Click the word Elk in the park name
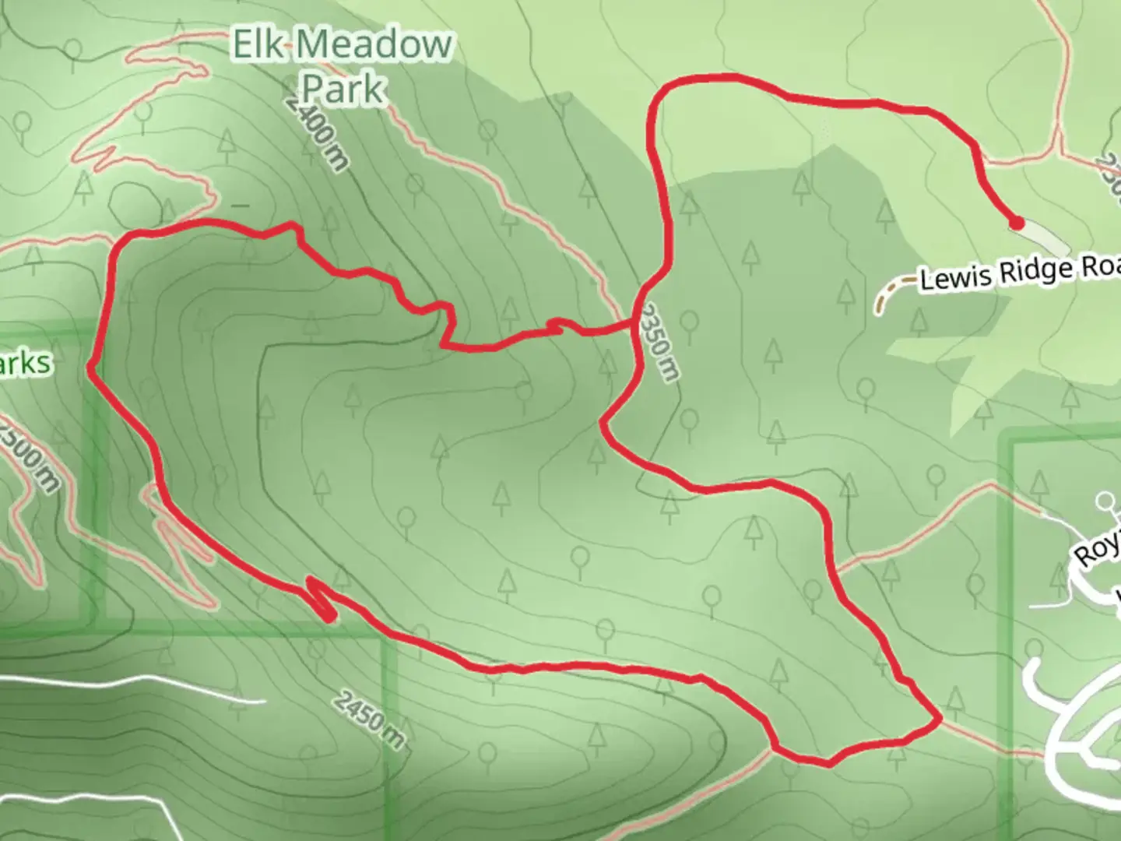pos(262,45)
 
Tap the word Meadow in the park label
pos(374,45)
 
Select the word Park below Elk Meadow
pos(343,88)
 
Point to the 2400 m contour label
pos(316,134)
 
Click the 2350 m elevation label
pos(659,343)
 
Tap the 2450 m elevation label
pos(371,720)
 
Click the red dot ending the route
pos(1016,223)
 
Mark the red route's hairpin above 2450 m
pos(321,598)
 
